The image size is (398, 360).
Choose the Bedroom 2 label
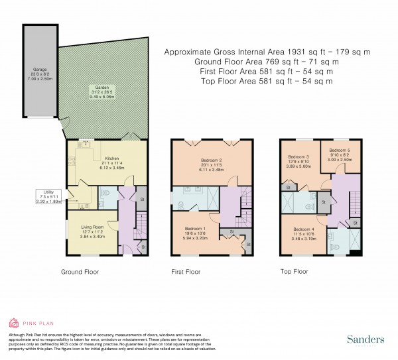(212, 161)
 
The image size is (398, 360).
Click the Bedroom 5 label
(339, 150)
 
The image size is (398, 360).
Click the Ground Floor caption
(80, 272)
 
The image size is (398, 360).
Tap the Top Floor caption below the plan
(293, 272)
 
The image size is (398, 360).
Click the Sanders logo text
(365, 339)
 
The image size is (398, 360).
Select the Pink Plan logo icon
(14, 324)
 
